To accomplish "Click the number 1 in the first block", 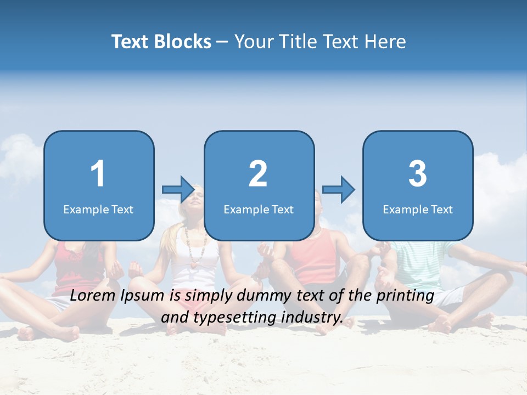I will pyautogui.click(x=98, y=174).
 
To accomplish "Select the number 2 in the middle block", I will pyautogui.click(x=258, y=174).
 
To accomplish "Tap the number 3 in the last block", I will pyautogui.click(x=418, y=174).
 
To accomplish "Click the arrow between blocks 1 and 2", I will pyautogui.click(x=178, y=190).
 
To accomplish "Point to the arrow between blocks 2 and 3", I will pyautogui.click(x=339, y=190).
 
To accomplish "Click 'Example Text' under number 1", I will pyautogui.click(x=98, y=209).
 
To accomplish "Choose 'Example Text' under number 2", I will pyautogui.click(x=259, y=209).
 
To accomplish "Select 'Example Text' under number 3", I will pyautogui.click(x=418, y=209).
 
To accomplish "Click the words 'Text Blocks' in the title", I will pyautogui.click(x=161, y=42).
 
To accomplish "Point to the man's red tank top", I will pyautogui.click(x=313, y=255).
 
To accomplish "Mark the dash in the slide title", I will pyautogui.click(x=222, y=42).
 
